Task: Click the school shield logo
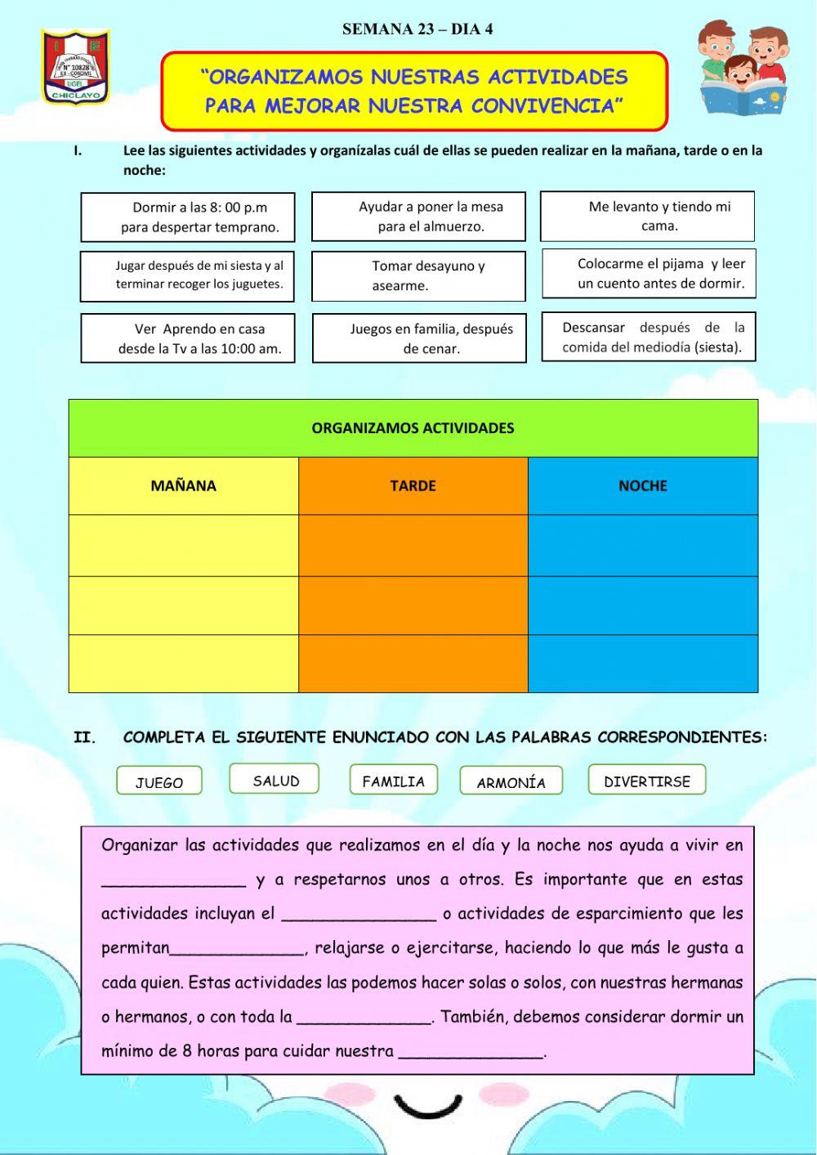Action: point(75,67)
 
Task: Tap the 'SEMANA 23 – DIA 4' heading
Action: point(417,29)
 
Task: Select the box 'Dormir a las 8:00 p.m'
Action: point(188,217)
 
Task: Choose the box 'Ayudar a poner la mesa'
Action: point(418,217)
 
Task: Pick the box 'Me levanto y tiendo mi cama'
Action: point(647,217)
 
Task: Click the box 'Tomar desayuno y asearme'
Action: point(418,276)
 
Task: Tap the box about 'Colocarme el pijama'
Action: point(649,274)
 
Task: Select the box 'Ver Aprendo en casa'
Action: point(188,338)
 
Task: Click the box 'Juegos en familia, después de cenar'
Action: point(419,338)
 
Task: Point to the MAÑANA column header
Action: point(184,486)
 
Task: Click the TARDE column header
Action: point(413,486)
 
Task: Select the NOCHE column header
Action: point(643,486)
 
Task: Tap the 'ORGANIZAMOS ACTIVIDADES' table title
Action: point(413,428)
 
